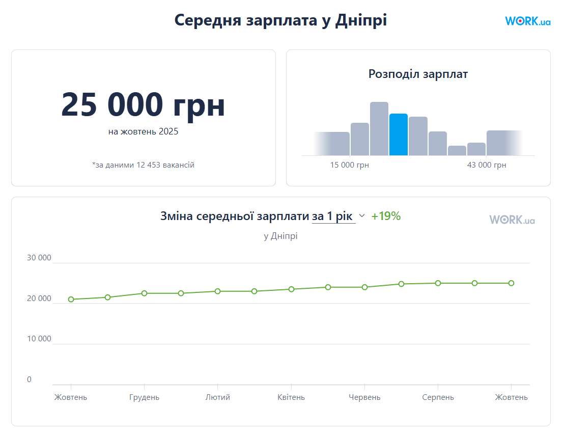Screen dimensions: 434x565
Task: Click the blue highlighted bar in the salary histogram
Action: (399, 134)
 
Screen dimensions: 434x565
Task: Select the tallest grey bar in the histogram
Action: (379, 128)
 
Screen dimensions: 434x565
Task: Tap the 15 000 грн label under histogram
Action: (350, 165)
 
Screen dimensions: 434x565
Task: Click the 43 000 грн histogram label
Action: (487, 165)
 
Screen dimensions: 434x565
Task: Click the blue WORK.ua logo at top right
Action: (528, 21)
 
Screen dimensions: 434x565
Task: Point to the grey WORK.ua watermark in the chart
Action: (512, 220)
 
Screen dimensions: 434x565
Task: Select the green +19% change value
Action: (386, 216)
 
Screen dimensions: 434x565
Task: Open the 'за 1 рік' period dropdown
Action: (338, 216)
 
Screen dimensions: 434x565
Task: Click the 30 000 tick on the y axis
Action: (39, 258)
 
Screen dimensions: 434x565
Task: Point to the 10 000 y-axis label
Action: (39, 339)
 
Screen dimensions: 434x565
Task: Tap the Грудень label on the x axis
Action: (144, 397)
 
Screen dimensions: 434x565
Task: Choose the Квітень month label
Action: (291, 397)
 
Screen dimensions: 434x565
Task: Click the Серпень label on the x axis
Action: (438, 397)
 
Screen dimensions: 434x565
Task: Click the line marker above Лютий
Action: (217, 291)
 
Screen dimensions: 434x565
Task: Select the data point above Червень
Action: (364, 287)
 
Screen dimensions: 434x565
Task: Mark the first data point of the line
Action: (71, 300)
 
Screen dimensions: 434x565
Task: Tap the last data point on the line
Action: (511, 283)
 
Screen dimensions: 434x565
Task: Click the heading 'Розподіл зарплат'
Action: (418, 74)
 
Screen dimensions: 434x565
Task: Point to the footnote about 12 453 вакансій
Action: (143, 165)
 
